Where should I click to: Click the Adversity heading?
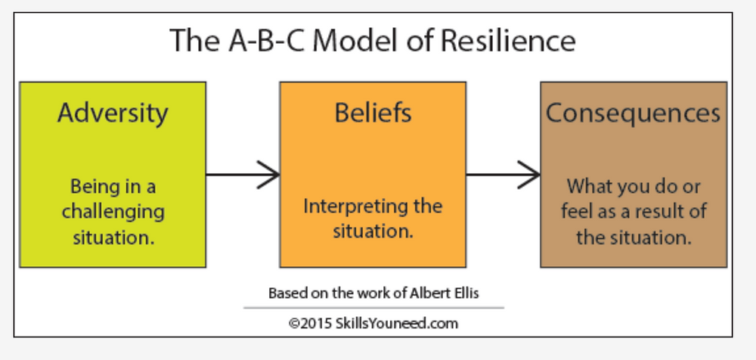[x=113, y=113]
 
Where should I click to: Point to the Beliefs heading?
[x=373, y=113]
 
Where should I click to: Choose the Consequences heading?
[x=633, y=113]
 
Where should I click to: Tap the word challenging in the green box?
[x=113, y=212]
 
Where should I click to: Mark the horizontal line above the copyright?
[x=373, y=308]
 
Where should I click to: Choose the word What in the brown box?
[x=587, y=186]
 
